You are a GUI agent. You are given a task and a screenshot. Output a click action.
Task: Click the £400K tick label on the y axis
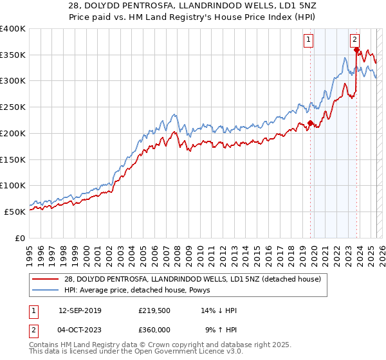[13, 29]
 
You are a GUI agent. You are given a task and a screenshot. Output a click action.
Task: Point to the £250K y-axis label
[13, 107]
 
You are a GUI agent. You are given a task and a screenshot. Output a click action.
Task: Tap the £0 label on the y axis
[20, 238]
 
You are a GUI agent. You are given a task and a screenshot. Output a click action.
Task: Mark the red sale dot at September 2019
[310, 123]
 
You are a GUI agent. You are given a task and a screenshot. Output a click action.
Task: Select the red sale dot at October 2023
[356, 50]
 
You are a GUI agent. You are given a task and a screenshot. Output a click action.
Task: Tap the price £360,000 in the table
[154, 329]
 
